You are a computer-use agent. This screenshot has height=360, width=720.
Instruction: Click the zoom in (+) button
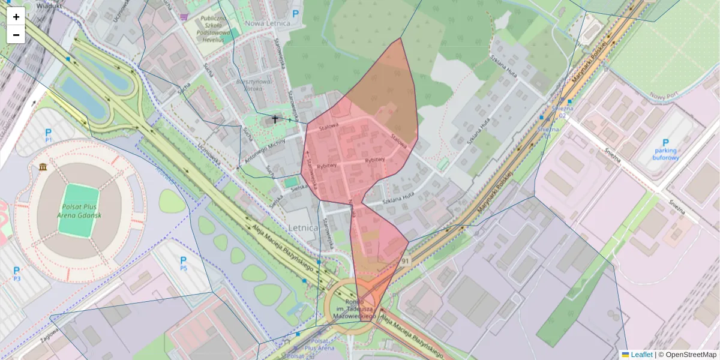point(16,17)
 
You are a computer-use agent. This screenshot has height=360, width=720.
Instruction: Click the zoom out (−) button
point(16,35)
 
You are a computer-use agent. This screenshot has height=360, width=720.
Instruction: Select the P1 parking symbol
point(49,134)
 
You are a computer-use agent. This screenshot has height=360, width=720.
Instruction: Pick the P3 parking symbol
point(17,273)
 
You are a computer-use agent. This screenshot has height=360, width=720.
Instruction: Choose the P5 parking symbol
point(184,262)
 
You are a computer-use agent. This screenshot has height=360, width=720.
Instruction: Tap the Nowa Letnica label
point(268,23)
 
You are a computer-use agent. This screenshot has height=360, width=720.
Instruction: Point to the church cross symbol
point(275,119)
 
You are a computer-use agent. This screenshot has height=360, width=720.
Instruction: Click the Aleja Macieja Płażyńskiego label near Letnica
point(281,248)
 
